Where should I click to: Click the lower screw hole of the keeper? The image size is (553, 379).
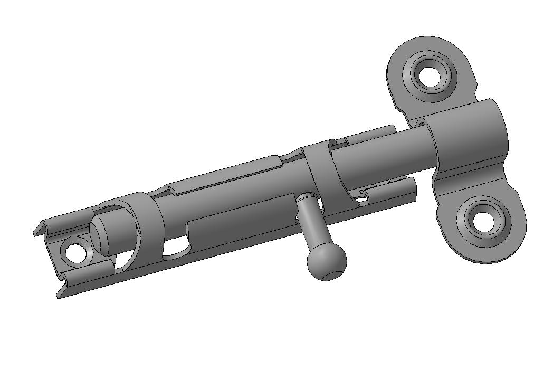pos(483,222)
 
